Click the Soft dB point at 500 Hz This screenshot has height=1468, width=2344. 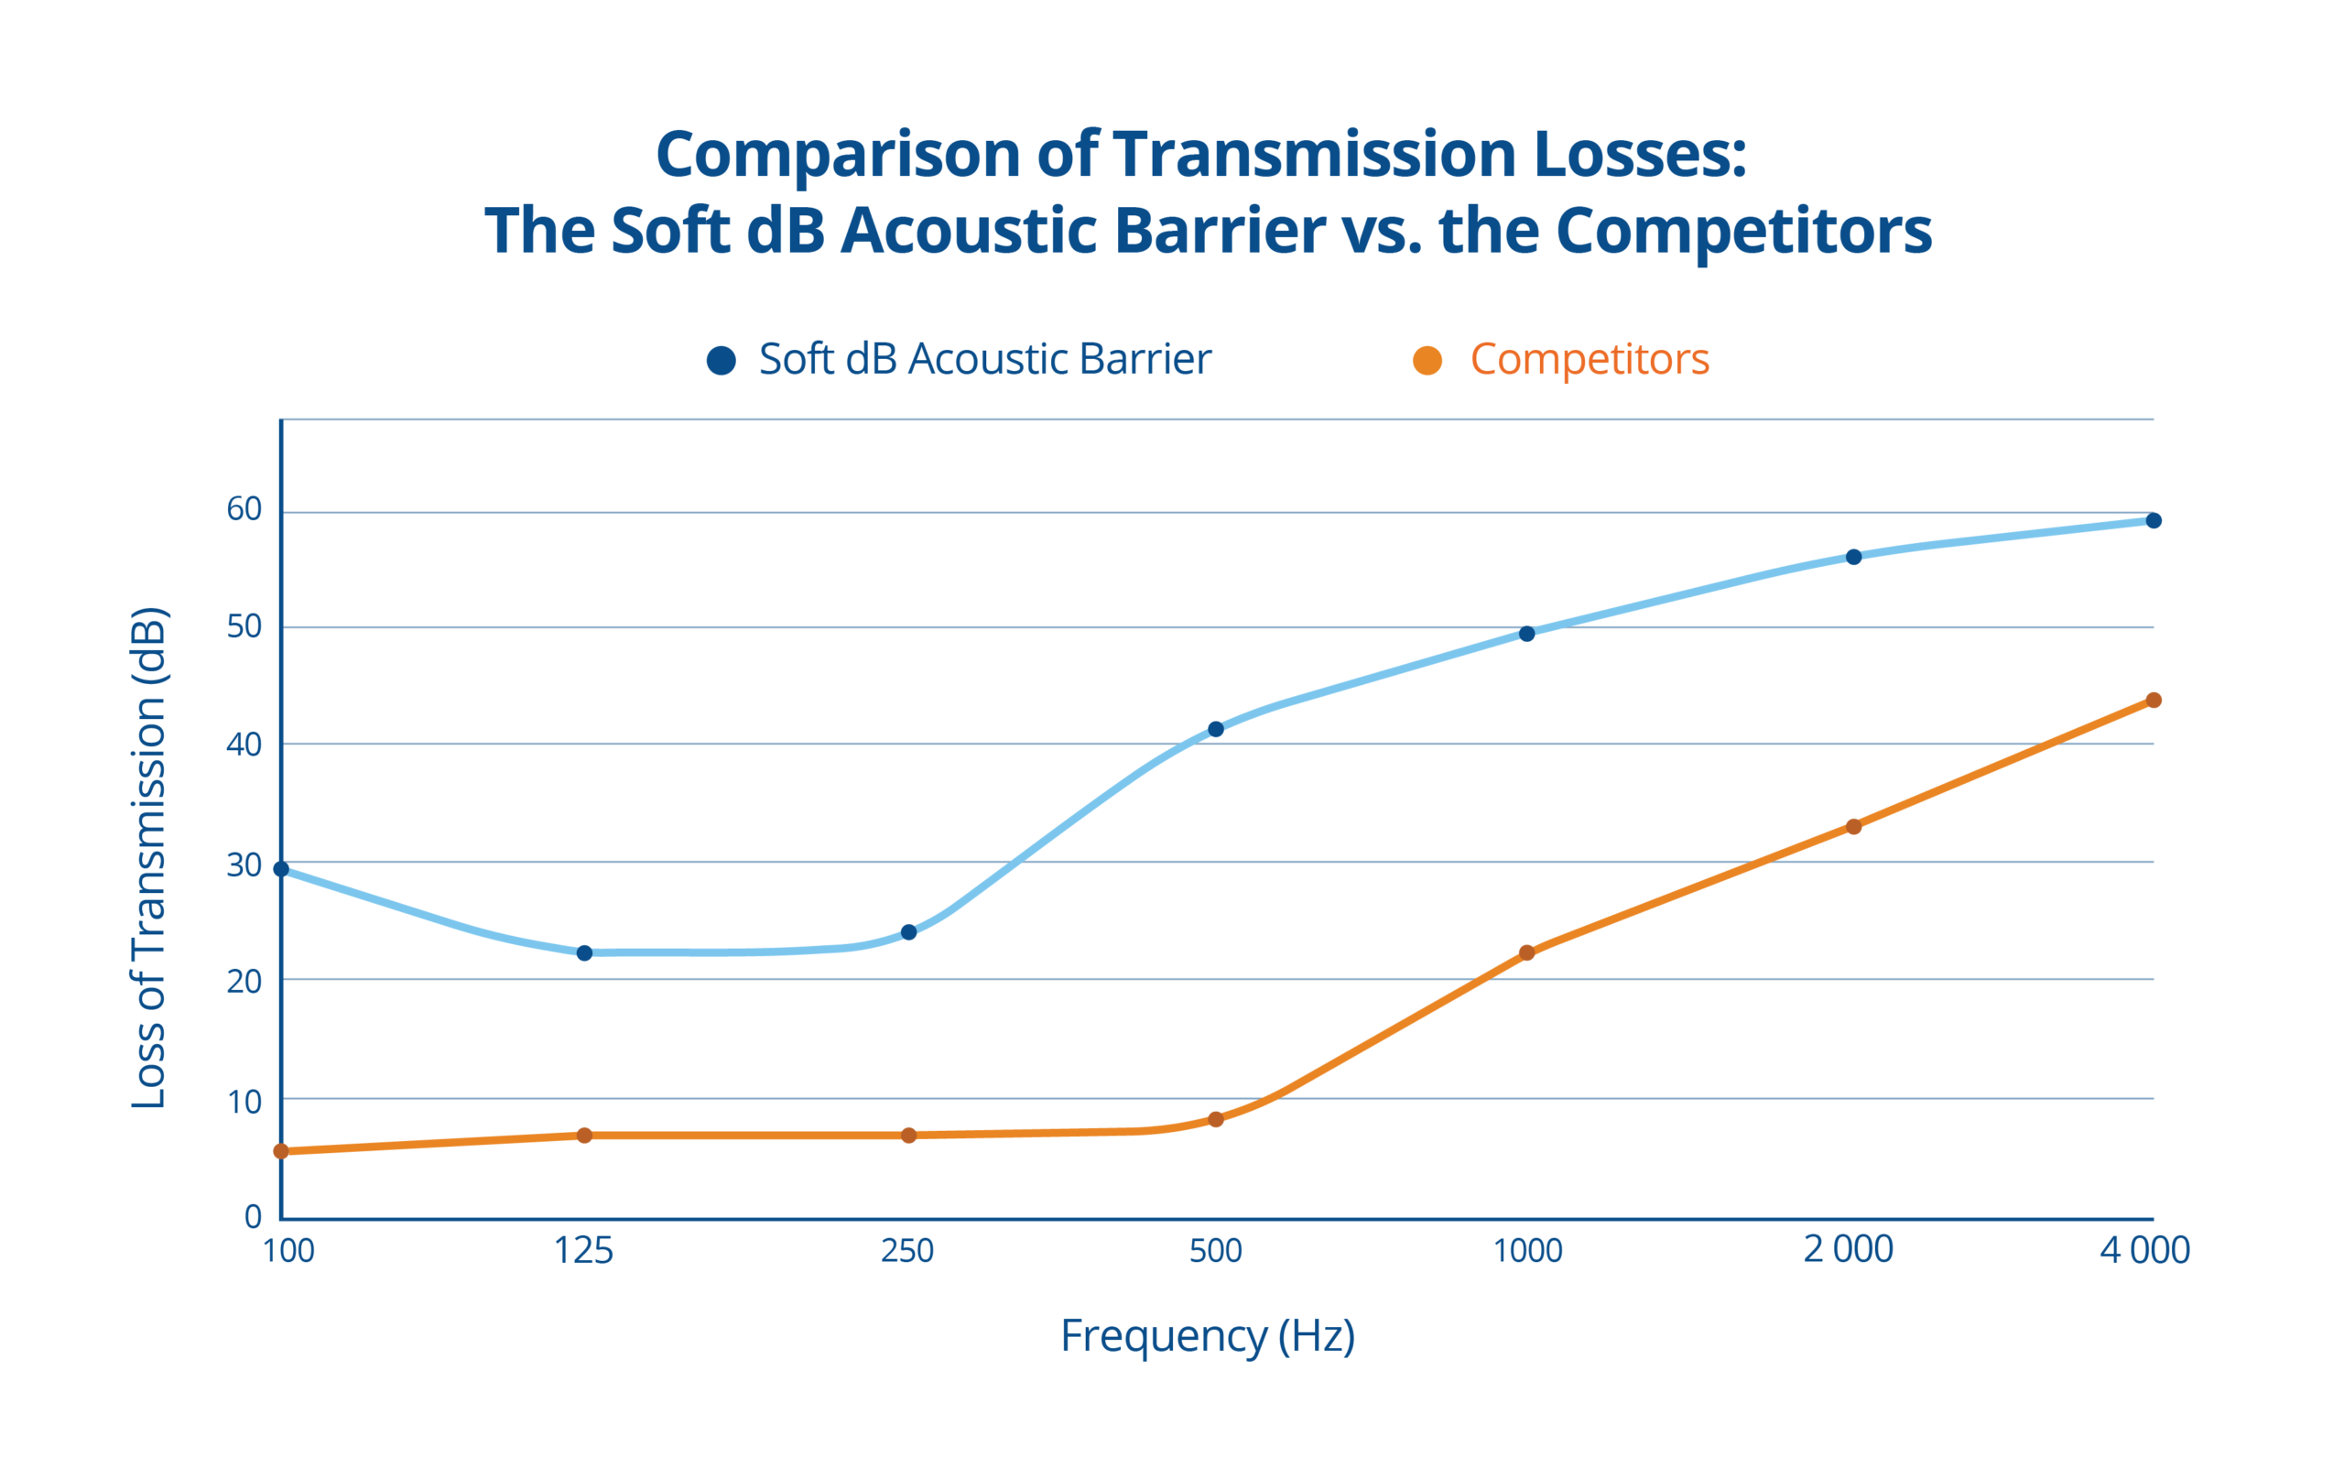click(1215, 729)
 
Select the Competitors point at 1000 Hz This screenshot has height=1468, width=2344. click(1526, 952)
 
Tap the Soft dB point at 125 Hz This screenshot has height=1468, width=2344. click(584, 953)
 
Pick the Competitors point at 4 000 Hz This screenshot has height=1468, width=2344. click(2153, 700)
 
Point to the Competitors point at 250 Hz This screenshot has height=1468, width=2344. click(908, 1135)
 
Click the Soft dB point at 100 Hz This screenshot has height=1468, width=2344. click(281, 869)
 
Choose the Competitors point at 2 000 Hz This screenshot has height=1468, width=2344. click(1853, 826)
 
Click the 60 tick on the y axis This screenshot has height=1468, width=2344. click(244, 509)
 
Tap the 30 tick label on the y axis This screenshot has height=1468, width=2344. click(244, 864)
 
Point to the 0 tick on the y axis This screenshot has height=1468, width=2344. click(254, 1215)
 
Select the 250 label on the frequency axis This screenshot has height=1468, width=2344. click(906, 1251)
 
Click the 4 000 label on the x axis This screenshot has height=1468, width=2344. click(2144, 1251)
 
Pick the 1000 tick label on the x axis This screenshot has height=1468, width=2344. click(1526, 1251)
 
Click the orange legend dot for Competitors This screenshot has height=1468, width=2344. click(1427, 360)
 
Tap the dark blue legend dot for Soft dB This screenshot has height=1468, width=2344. click(722, 360)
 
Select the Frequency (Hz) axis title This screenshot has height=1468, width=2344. click(1208, 1336)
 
